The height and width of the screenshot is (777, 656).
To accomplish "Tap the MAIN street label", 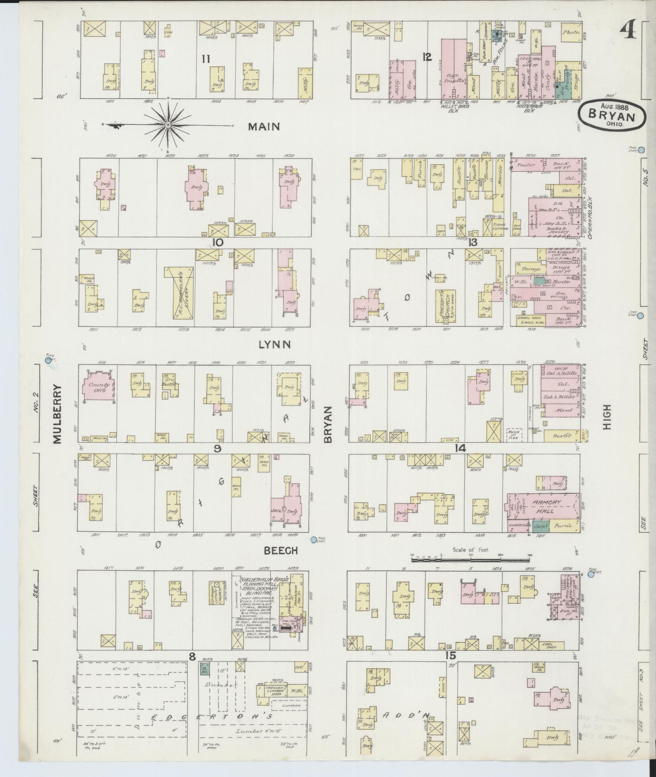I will pos(264,127).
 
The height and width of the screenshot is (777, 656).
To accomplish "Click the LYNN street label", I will pos(275,344).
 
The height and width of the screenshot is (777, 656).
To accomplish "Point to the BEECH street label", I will pos(280,550).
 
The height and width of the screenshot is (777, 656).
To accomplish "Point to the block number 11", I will pos(206,59).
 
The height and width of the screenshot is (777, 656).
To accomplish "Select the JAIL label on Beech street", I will pos(277,510).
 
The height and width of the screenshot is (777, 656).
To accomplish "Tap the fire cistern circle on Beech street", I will pos(314,540).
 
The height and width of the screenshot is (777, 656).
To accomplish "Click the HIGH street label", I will pos(607,418).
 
